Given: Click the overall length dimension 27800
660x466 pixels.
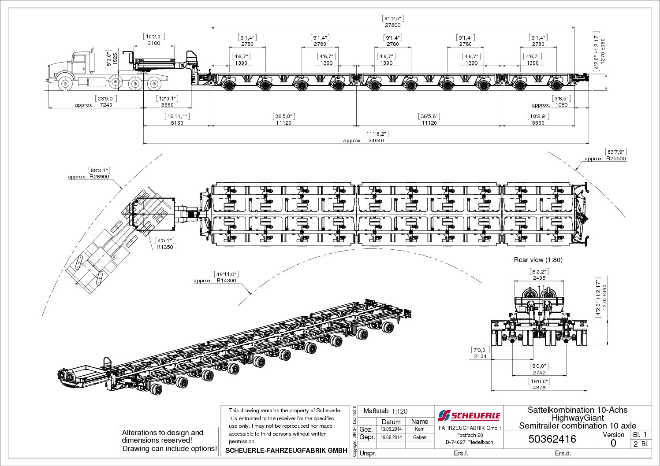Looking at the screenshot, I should (392, 25).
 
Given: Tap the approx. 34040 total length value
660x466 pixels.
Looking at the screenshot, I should (376, 141).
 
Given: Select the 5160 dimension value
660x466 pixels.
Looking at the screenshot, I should (177, 123).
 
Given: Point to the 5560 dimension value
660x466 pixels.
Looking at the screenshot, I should (538, 123).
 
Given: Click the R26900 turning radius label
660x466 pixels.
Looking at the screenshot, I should (99, 177).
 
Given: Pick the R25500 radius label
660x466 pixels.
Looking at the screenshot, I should (616, 159).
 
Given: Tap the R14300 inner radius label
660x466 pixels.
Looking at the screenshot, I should (226, 281).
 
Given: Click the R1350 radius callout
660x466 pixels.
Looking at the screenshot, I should (165, 247).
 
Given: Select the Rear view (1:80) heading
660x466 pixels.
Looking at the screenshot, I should (538, 260).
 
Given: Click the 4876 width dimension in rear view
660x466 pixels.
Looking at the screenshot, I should (539, 388).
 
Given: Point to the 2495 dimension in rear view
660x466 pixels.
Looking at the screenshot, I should (539, 278).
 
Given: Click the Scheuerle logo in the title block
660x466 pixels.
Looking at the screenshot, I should (469, 415).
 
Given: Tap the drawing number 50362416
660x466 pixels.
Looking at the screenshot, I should (552, 439).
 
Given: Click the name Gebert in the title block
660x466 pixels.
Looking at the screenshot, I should (420, 437).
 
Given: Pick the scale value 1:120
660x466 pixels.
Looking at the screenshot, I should (399, 411).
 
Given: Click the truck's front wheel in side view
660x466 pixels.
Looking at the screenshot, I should (65, 83).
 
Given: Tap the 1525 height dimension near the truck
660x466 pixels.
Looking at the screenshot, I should (116, 59).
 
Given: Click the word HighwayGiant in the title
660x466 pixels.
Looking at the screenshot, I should (578, 418).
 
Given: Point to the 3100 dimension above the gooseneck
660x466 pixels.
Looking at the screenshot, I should (154, 43).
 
